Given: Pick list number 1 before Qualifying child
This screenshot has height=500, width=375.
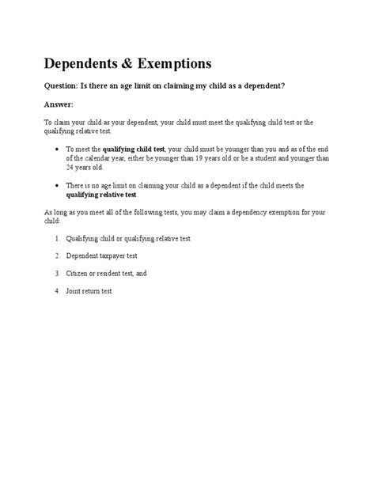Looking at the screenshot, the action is click(x=57, y=238).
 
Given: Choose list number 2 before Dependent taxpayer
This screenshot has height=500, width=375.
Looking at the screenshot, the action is click(x=57, y=256).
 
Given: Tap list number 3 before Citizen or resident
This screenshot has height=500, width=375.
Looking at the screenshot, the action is click(x=57, y=273).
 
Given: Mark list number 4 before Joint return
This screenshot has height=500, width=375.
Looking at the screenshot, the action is click(x=57, y=291).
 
